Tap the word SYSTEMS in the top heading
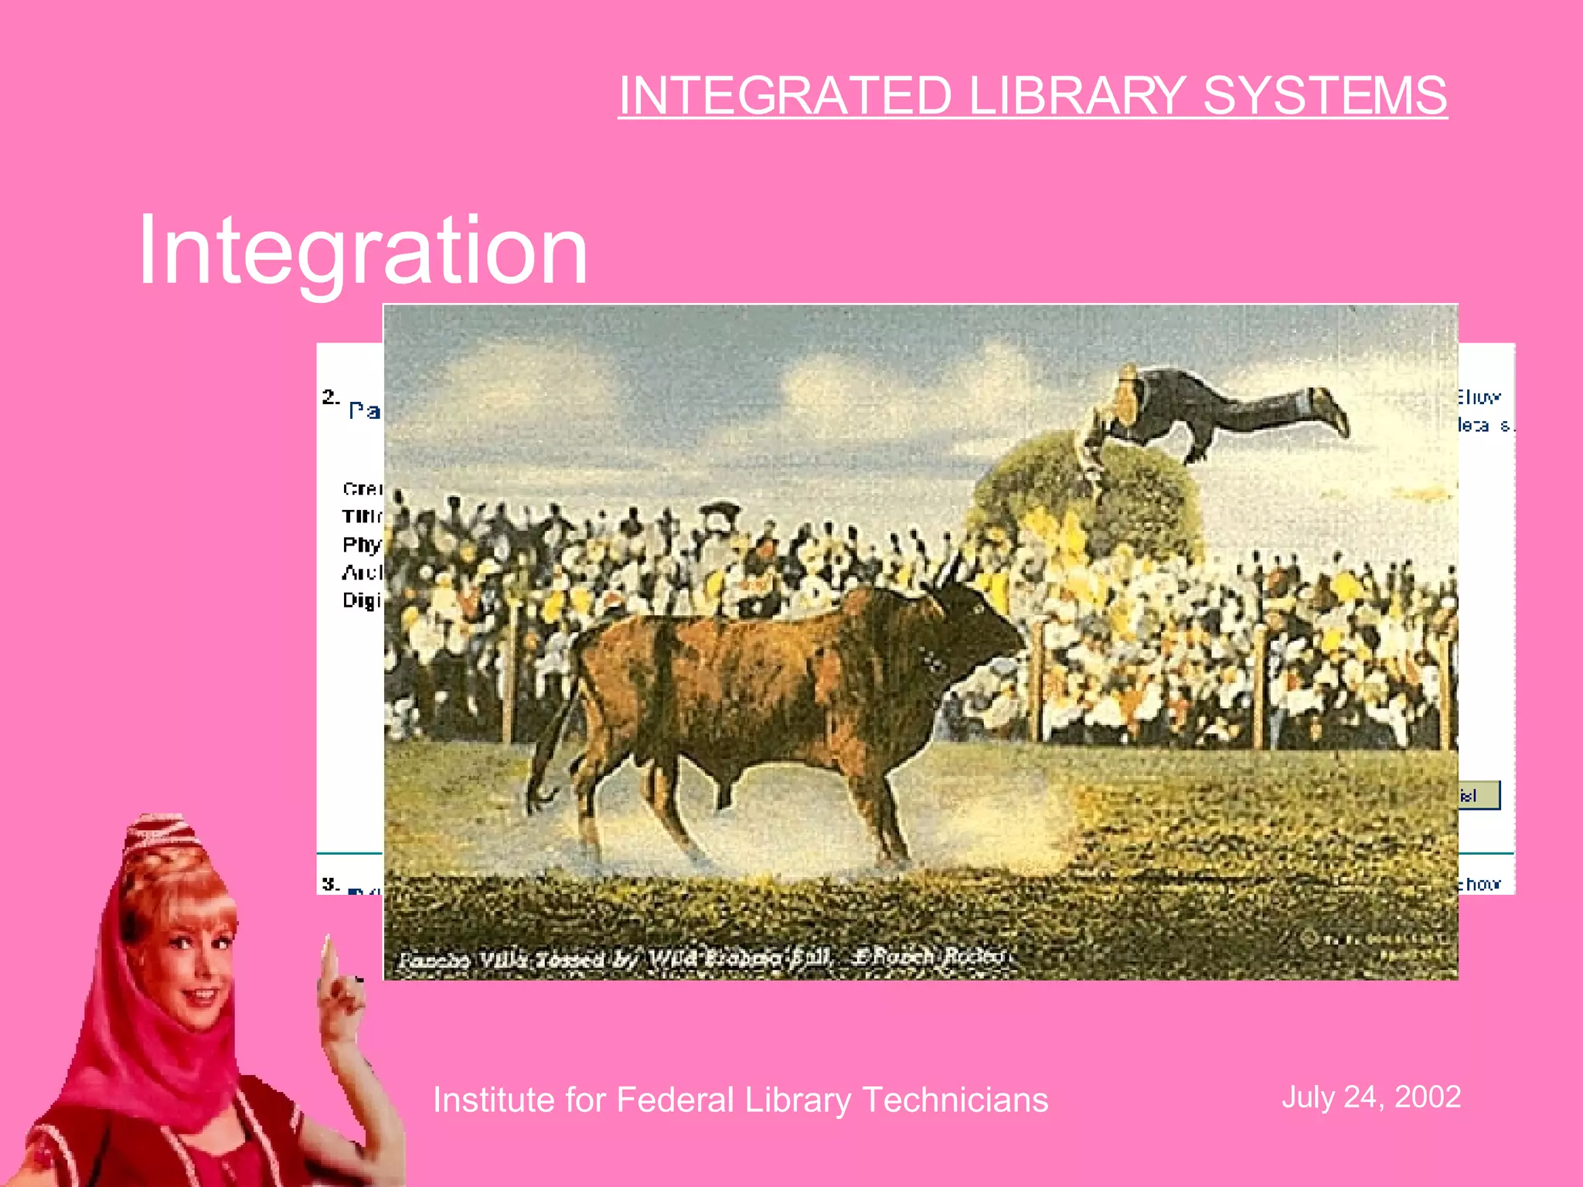tap(1325, 96)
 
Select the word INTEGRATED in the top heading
tap(784, 96)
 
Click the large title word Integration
tap(363, 250)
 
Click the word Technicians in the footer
tap(955, 1100)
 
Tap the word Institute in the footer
tap(493, 1100)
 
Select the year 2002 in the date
tap(1428, 1097)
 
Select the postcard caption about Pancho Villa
tap(700, 958)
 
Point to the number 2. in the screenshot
tap(330, 397)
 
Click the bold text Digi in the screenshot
tap(362, 600)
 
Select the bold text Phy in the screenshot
tap(362, 545)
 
